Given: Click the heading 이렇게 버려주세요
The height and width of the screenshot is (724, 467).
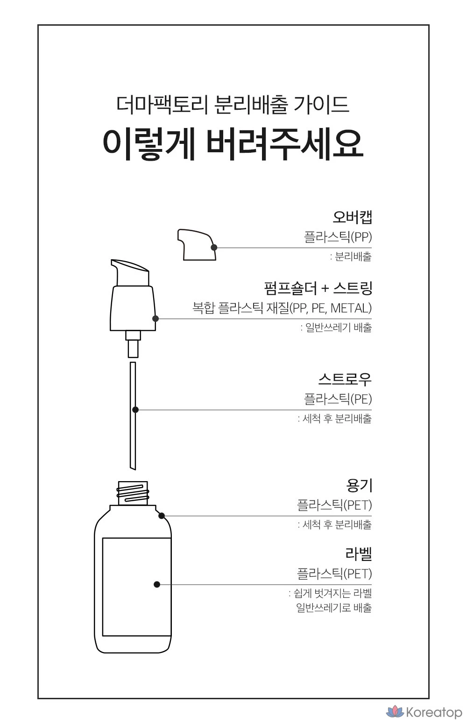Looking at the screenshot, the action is [233, 145].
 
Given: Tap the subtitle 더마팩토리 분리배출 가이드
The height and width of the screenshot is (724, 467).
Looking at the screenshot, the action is [233, 105].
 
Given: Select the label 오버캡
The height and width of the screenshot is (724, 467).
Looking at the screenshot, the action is [352, 217].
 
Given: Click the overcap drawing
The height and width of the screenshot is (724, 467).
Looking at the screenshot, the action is [197, 245].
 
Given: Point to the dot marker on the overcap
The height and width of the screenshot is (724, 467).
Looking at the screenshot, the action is [213, 248].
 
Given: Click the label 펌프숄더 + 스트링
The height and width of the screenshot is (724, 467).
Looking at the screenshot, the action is [318, 288].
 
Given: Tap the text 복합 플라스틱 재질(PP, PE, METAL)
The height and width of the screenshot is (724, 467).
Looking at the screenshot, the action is [282, 308].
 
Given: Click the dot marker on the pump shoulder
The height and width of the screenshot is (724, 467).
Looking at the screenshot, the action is [155, 319].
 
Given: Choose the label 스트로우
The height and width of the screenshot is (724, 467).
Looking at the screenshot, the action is [345, 379].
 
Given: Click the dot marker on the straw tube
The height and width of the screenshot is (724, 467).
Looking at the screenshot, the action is [135, 410].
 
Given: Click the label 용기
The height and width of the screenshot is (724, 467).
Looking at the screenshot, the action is [359, 486].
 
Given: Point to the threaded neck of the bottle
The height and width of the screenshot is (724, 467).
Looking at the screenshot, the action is [133, 493].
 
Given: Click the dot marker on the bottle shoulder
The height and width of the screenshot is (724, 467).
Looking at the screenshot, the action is [162, 516].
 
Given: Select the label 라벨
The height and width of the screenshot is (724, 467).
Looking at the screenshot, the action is [359, 554].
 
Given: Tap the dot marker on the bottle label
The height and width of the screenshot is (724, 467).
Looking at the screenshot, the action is [157, 584].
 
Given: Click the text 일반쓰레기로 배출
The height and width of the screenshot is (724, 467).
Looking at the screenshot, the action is [334, 607].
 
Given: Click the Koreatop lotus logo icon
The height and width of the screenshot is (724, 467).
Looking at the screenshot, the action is [395, 712].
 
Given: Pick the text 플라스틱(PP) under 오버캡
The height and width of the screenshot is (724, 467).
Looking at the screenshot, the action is [338, 237].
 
